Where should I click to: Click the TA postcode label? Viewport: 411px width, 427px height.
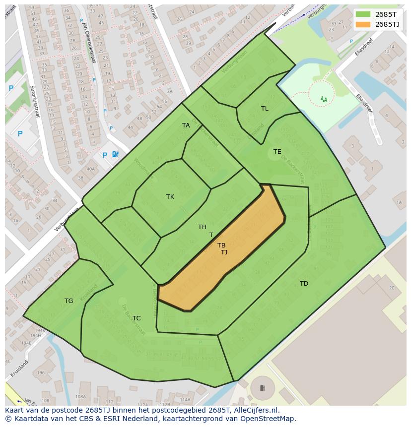coord(186,125)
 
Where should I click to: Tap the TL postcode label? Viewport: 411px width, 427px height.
coord(265,109)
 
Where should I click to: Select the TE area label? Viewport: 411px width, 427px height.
coord(277,152)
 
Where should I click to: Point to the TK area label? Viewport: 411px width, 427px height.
coord(170,197)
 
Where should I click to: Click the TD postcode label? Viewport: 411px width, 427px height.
coord(304,284)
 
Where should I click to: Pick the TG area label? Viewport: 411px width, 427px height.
coord(68,301)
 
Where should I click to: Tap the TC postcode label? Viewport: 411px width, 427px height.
coord(137,318)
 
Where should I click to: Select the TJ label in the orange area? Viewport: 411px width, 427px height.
coord(224,252)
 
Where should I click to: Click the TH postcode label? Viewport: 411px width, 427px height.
coord(202,227)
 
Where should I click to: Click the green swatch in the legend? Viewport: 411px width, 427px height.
coord(363,14)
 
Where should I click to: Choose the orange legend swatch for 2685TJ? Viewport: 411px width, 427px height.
coord(363,24)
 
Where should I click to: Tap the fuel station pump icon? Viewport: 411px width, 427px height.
coord(116,154)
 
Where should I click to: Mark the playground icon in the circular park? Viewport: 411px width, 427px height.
coord(324,99)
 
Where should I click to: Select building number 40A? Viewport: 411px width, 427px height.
coord(90,169)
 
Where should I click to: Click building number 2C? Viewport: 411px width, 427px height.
coord(392,288)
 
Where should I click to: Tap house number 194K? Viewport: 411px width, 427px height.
coord(40,330)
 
